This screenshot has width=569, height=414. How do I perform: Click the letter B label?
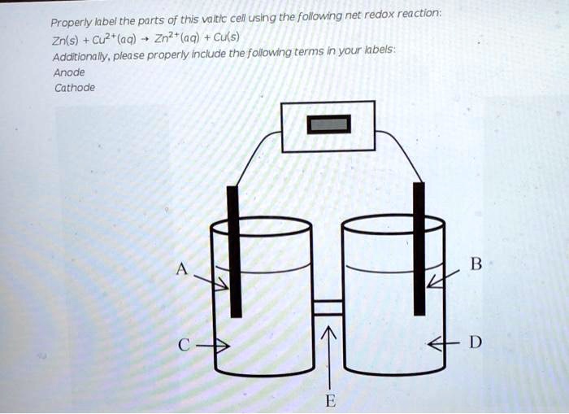coord(476,264)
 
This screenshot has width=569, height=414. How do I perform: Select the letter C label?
coord(185,345)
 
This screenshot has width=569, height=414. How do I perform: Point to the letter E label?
coord(329,399)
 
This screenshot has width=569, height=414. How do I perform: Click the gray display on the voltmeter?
coord(328,124)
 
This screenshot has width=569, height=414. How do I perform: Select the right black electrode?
coord(419,248)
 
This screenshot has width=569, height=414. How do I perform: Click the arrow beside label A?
coord(213,281)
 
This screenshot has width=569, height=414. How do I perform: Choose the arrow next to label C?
coord(215,346)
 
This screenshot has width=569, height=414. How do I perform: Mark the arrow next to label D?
coord(444,345)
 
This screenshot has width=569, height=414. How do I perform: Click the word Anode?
coord(69,72)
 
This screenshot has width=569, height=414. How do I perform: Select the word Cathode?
coord(74,87)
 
